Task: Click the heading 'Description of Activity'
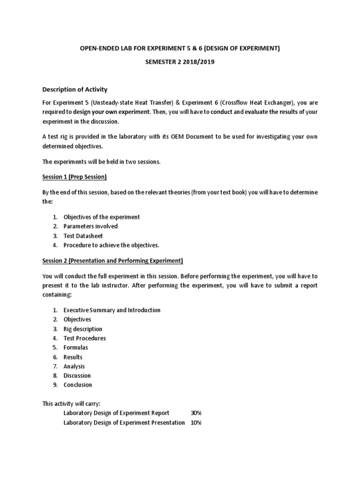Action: click(75, 90)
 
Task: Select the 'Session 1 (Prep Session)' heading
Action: click(75, 177)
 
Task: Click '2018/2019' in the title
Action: click(199, 62)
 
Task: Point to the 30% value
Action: click(196, 413)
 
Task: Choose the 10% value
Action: click(196, 422)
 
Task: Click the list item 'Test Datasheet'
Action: click(83, 236)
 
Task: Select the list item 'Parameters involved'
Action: click(90, 226)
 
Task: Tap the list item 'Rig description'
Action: click(82, 329)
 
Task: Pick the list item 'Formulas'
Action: click(75, 348)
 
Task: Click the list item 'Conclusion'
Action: click(78, 385)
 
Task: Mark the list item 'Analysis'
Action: click(74, 367)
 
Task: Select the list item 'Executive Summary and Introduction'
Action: click(112, 310)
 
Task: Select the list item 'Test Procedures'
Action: click(84, 338)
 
